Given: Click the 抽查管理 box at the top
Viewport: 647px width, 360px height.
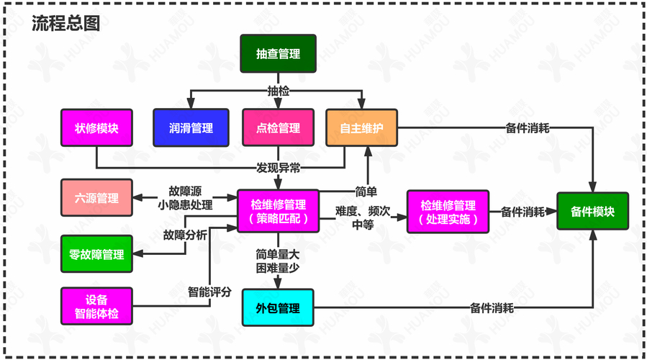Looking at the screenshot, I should coord(278,54).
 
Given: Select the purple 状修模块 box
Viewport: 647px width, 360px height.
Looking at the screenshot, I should coord(96,127).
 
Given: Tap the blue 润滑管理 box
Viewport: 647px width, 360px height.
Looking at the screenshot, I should coord(191,128).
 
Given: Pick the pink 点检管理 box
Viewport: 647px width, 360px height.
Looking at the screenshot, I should coord(278,128).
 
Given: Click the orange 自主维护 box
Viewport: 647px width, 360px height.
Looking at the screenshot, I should coord(361,128).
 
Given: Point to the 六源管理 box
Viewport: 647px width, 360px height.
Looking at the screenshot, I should coord(96,198).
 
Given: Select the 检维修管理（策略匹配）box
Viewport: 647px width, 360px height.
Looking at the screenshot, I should coord(278,212).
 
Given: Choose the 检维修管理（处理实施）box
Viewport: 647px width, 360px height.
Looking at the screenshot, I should coord(448,212).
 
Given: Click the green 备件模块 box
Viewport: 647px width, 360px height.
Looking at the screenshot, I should coord(592,212).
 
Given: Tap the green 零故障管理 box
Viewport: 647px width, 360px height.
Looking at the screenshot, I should coord(96,254).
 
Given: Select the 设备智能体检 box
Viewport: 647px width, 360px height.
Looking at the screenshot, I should coord(96,307).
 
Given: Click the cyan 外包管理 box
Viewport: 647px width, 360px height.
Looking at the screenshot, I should coord(278,308).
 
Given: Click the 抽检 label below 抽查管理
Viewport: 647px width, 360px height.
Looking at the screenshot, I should coord(278,91).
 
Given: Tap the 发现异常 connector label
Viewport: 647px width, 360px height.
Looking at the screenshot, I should coord(278,168).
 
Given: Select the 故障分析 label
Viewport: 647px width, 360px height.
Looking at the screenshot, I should coord(185,235).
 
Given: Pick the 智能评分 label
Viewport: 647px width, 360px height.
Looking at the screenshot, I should coord(209,292).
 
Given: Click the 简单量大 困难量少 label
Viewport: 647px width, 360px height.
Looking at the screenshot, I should coord(278,260).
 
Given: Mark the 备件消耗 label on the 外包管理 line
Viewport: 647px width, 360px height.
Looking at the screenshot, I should coord(492,308).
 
